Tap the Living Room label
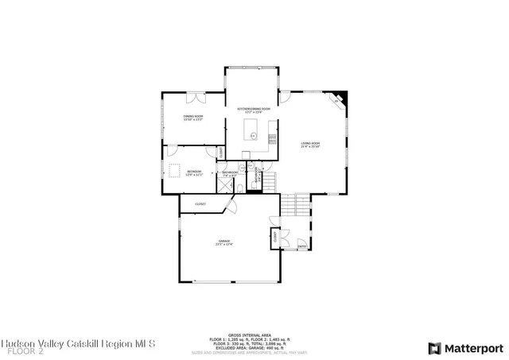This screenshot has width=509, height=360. [x=309, y=145]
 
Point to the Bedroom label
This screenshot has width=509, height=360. [x=195, y=172]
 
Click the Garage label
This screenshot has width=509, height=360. [x=223, y=242]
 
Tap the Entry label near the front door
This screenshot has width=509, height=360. [x=302, y=246]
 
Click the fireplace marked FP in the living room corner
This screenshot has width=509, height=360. [x=338, y=99]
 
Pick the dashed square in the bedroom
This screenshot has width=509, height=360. [x=173, y=171]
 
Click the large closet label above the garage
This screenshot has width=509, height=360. [x=200, y=204]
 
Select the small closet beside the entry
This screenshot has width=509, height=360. [x=276, y=237]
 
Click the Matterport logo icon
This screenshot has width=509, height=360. [x=433, y=348]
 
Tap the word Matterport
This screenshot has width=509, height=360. [x=474, y=348]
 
